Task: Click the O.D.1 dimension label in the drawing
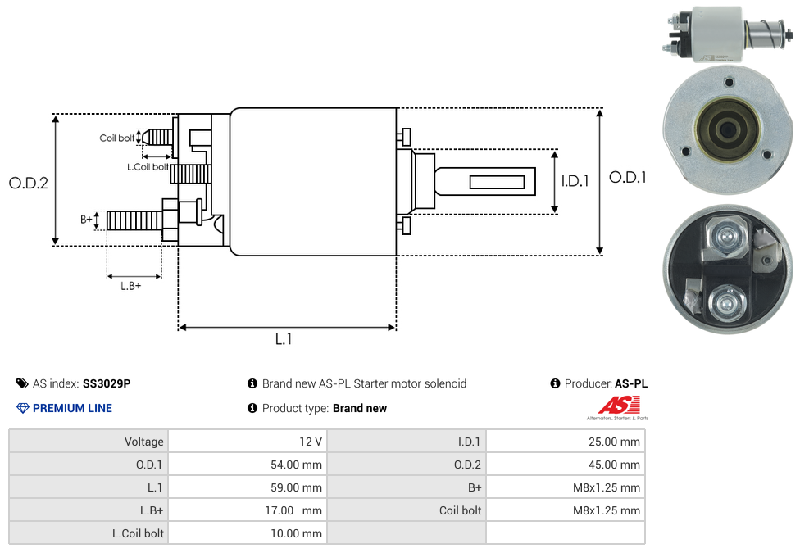(x=628, y=176)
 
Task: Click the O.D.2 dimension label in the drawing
(x=29, y=183)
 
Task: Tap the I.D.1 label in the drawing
(x=575, y=181)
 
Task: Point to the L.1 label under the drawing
(x=283, y=339)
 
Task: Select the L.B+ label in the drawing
(x=131, y=286)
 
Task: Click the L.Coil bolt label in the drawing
(x=148, y=167)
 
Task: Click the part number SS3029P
(x=107, y=383)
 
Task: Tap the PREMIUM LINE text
(x=72, y=408)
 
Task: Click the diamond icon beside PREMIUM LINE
(x=23, y=408)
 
